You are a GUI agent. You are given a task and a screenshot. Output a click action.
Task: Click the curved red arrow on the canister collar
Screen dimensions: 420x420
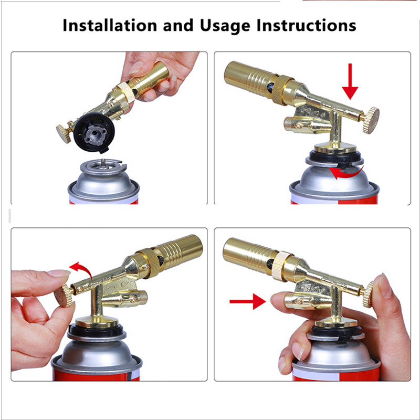coord(344,172)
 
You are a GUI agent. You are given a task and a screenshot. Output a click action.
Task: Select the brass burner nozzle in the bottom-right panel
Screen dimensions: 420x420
coord(247,254)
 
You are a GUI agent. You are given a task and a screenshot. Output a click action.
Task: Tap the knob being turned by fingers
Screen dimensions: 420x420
coord(64,297)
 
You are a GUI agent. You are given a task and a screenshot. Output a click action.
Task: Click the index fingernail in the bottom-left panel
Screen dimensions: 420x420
coord(58,274)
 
